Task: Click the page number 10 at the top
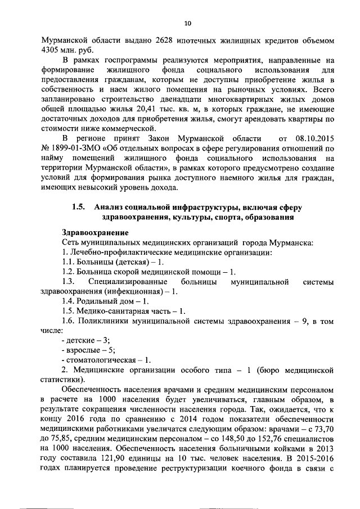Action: click(x=188, y=23)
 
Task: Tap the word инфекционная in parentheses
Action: click(x=134, y=291)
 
